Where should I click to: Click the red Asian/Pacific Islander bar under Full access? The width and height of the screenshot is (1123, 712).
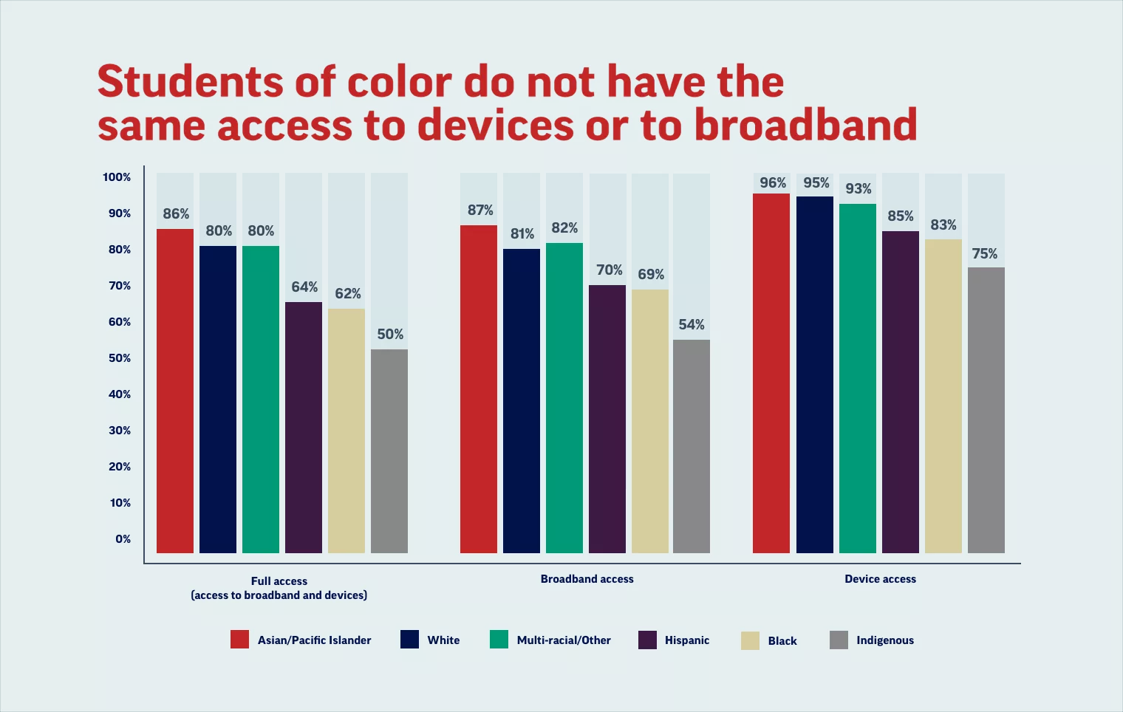[175, 391]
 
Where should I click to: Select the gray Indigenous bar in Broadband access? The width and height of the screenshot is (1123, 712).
[692, 446]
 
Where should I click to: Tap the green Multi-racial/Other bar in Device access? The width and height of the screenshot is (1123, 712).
[858, 378]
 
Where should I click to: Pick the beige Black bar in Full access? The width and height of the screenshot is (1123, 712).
[347, 431]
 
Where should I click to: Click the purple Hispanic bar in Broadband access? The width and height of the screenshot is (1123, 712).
[607, 419]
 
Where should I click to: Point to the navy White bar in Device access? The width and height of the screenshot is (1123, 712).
[815, 374]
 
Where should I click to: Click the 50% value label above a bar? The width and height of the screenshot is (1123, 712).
[390, 335]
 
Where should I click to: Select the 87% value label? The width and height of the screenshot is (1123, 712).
[480, 210]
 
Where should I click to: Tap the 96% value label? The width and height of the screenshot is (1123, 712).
[773, 183]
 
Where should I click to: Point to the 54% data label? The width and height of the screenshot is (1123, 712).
[692, 325]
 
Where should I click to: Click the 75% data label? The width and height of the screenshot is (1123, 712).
[985, 254]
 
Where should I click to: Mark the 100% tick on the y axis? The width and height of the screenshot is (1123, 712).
[117, 177]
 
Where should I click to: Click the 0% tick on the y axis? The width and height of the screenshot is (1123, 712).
[123, 539]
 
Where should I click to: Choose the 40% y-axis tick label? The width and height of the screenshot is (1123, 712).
[120, 394]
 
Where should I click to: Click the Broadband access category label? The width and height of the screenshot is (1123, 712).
[587, 579]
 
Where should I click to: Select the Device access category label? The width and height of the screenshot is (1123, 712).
[880, 579]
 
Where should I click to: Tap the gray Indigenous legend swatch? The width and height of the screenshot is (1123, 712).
[839, 640]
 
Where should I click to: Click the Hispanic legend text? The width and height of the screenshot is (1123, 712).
[686, 640]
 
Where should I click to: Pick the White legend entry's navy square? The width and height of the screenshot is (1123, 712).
[409, 640]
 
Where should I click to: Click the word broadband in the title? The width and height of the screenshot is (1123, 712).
[805, 125]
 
